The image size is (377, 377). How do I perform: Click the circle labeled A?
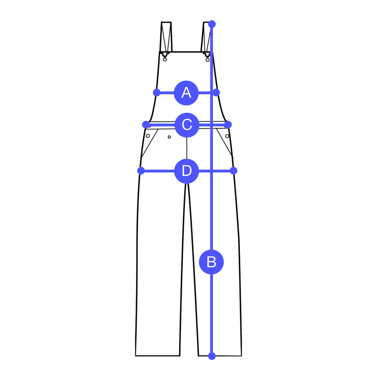pos(186,93)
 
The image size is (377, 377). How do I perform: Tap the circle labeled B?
pos(211,262)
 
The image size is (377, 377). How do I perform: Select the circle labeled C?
pos(187,125)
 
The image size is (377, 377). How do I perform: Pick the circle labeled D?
pos(187,171)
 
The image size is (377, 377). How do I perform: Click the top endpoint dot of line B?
pos(212,24)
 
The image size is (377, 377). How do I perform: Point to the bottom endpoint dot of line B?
pos(212,356)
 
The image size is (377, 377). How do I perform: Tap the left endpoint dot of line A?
pos(157,92)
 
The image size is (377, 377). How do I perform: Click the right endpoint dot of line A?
pos(216,92)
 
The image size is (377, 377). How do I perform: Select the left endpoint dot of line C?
pos(146,125)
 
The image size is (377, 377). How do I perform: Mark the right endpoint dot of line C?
pos(228,125)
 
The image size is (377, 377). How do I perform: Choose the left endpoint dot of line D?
pos(141,171)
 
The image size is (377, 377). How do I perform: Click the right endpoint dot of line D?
pos(234,171)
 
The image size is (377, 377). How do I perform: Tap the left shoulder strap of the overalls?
pos(166,37)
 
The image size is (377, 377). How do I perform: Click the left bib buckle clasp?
pos(165,57)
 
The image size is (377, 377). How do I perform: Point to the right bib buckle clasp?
pos(207,57)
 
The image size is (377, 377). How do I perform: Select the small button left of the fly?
pos(169,137)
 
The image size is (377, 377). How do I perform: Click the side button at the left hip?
pos(148,136)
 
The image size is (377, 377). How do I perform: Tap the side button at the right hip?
pos(227,136)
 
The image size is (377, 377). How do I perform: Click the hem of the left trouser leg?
pos(158,356)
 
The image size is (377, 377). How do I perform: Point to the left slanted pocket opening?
pos(150,143)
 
